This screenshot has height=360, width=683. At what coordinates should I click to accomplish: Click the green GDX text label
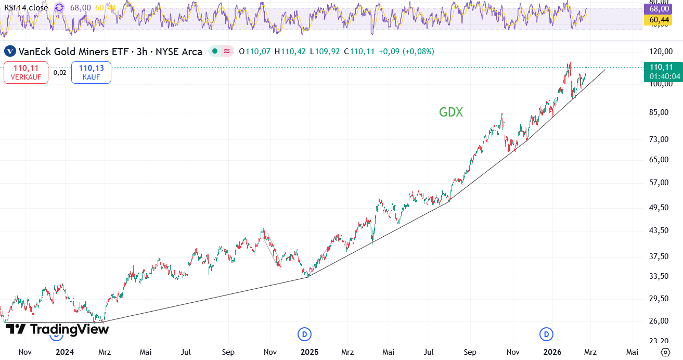[451, 112]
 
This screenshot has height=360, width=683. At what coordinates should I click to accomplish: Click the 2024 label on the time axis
[65, 352]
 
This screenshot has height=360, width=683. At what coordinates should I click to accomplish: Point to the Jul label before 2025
[186, 352]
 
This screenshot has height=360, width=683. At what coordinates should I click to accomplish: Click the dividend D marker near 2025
[304, 334]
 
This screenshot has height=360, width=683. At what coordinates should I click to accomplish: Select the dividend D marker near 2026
[546, 334]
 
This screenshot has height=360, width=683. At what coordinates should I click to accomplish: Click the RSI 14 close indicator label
[26, 7]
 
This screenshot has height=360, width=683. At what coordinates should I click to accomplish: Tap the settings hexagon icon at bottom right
[665, 352]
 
